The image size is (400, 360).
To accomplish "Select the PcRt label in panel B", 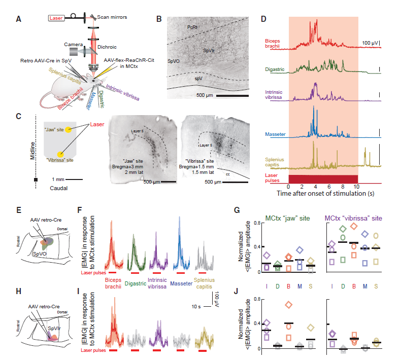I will click(x=192, y=26).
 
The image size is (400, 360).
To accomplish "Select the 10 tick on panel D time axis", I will click(x=356, y=187).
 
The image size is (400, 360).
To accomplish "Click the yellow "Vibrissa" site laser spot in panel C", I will click(x=61, y=153).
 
